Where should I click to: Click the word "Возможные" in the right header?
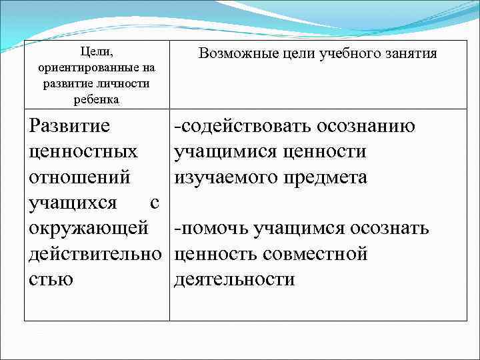tap(233, 53)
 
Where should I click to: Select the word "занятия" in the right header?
tap(408, 53)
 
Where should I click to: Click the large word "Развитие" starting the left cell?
tap(69, 127)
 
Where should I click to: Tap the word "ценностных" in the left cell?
tap(84, 152)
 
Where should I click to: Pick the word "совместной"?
tap(316, 254)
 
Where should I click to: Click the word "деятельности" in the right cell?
tap(234, 279)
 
